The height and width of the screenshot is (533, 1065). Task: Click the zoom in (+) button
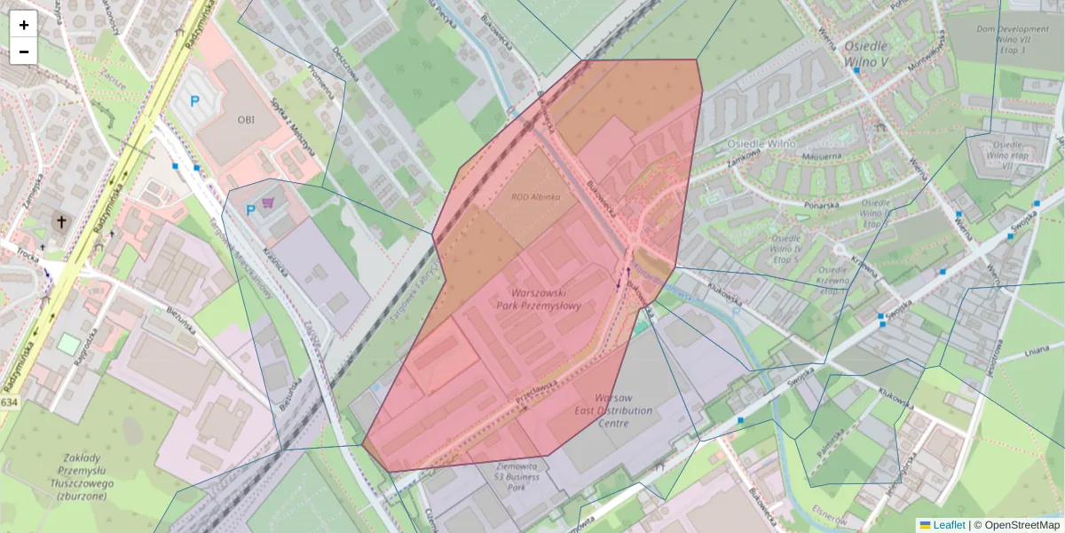[x=24, y=25]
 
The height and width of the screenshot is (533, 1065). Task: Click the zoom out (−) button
[x=24, y=52]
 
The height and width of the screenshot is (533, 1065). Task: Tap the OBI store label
[x=246, y=118]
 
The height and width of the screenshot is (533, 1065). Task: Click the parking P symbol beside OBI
[x=194, y=102]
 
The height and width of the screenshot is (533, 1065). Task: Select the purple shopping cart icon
[x=267, y=204]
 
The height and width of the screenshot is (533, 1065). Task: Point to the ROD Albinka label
[x=535, y=197]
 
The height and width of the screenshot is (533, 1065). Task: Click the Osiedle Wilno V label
[x=866, y=54]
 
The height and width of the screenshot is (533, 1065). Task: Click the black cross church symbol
[x=62, y=221]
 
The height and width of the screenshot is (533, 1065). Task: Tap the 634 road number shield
[x=9, y=402]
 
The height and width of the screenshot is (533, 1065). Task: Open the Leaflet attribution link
[x=949, y=525]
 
